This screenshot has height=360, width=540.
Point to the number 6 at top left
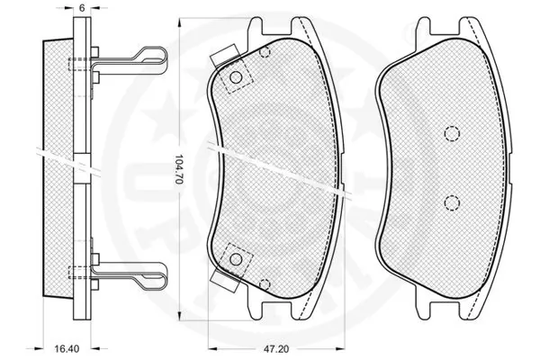81,7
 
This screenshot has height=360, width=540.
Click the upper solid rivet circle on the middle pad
237,78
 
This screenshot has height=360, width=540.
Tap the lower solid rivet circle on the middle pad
237,259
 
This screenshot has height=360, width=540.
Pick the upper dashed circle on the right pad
451,133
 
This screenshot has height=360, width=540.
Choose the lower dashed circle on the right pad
451,201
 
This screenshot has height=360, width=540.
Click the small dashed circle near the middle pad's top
265,51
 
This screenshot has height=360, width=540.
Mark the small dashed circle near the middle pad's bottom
264,285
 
